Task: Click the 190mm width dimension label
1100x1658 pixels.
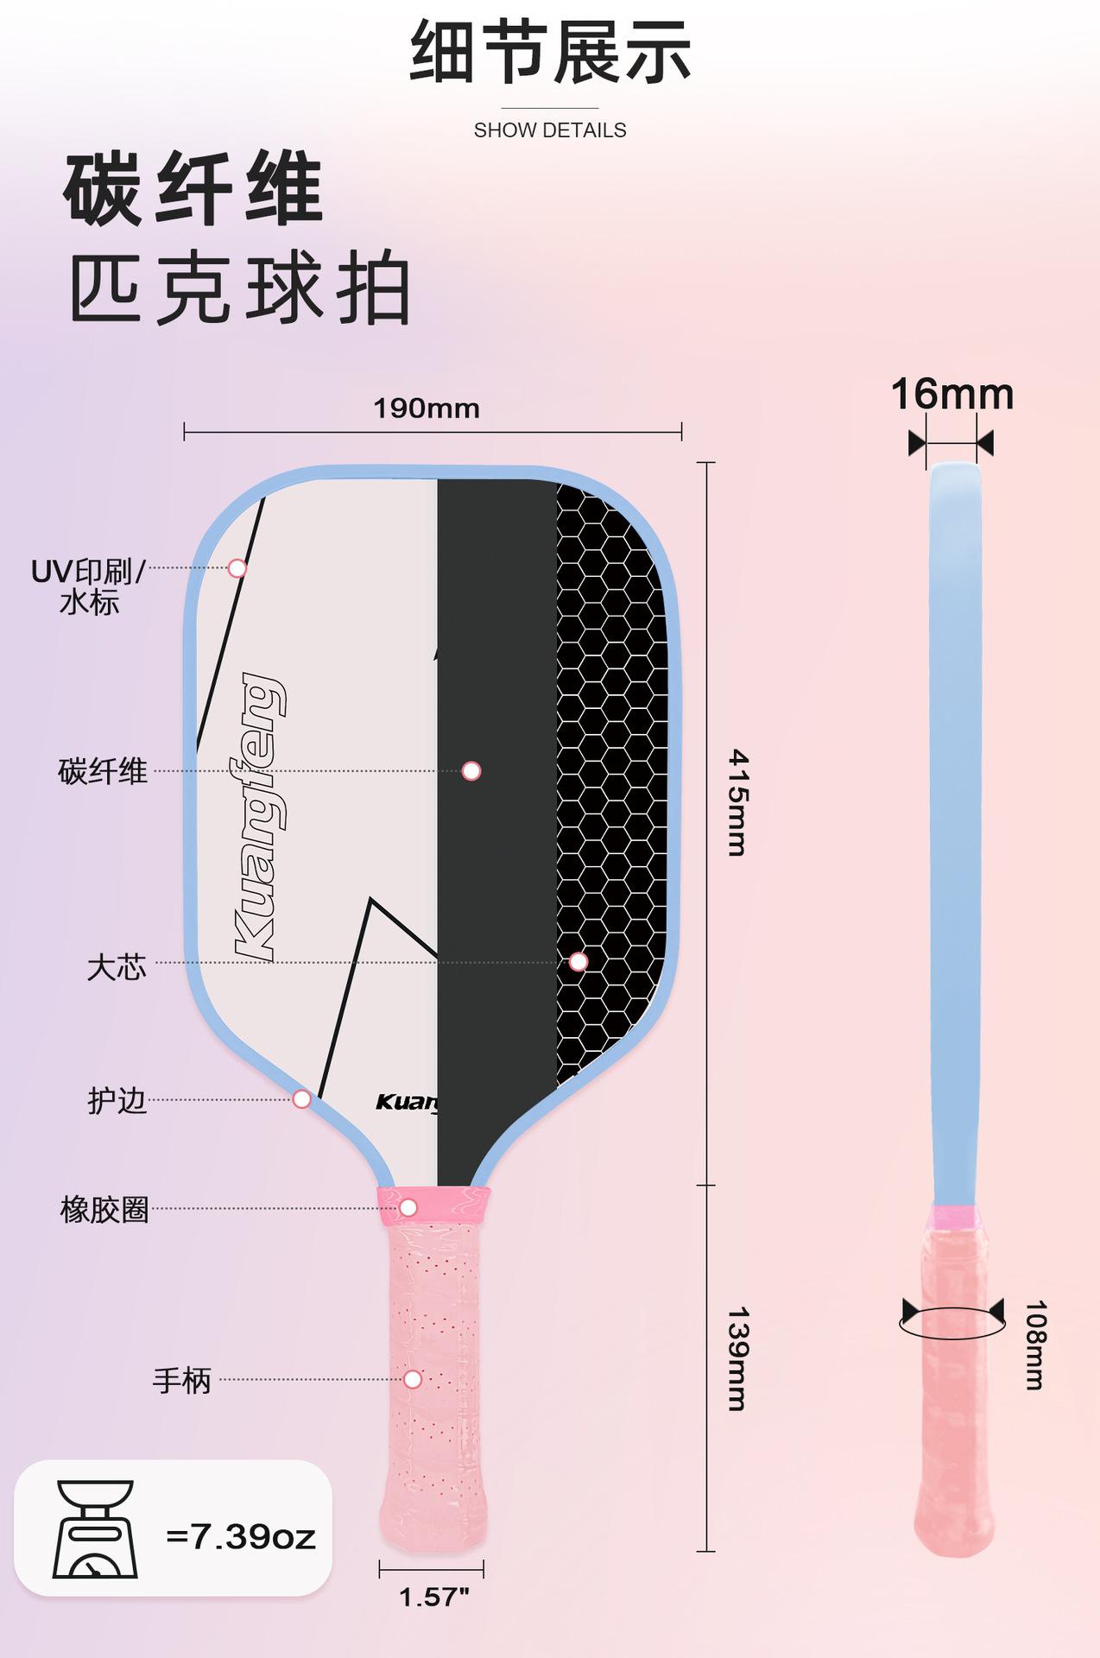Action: [427, 408]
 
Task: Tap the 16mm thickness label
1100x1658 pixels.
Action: [951, 395]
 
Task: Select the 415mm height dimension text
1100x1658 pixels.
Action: [737, 802]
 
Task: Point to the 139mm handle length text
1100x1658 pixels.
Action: [737, 1358]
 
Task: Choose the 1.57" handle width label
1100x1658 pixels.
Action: [433, 1597]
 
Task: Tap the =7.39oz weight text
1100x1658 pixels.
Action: [241, 1537]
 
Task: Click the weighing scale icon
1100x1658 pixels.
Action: [95, 1529]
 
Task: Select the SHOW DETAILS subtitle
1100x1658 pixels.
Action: [550, 130]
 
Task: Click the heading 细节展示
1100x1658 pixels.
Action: [550, 54]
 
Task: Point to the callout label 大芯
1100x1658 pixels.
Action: [117, 967]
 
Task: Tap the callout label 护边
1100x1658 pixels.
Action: [117, 1101]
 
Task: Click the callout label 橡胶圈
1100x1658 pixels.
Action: [104, 1210]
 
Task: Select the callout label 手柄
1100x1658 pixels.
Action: [181, 1381]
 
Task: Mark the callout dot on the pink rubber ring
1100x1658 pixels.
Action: [408, 1207]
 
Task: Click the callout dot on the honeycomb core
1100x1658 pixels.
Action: [578, 962]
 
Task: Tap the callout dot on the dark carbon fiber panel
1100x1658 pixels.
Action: [471, 771]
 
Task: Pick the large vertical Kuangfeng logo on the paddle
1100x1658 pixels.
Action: [258, 816]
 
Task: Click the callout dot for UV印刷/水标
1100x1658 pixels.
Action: [237, 568]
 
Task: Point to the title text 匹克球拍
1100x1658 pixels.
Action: [239, 288]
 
